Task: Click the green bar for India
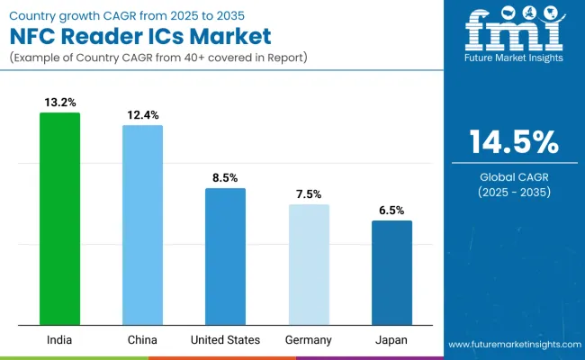pyautogui.click(x=59, y=219)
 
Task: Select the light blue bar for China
pyautogui.click(x=142, y=225)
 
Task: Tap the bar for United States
pyautogui.click(x=225, y=256)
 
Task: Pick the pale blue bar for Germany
pyautogui.click(x=309, y=265)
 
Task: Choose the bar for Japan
pyautogui.click(x=391, y=273)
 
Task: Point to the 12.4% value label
pyautogui.click(x=142, y=115)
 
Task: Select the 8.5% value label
pyautogui.click(x=225, y=178)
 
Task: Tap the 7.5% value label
pyautogui.click(x=309, y=194)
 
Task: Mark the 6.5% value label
pyautogui.click(x=391, y=211)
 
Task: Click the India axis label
pyautogui.click(x=59, y=340)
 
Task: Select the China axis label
pyautogui.click(x=142, y=340)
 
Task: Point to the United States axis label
pyautogui.click(x=225, y=340)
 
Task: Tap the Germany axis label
pyautogui.click(x=309, y=340)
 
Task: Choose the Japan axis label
pyautogui.click(x=391, y=340)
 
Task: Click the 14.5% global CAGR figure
pyautogui.click(x=513, y=142)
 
